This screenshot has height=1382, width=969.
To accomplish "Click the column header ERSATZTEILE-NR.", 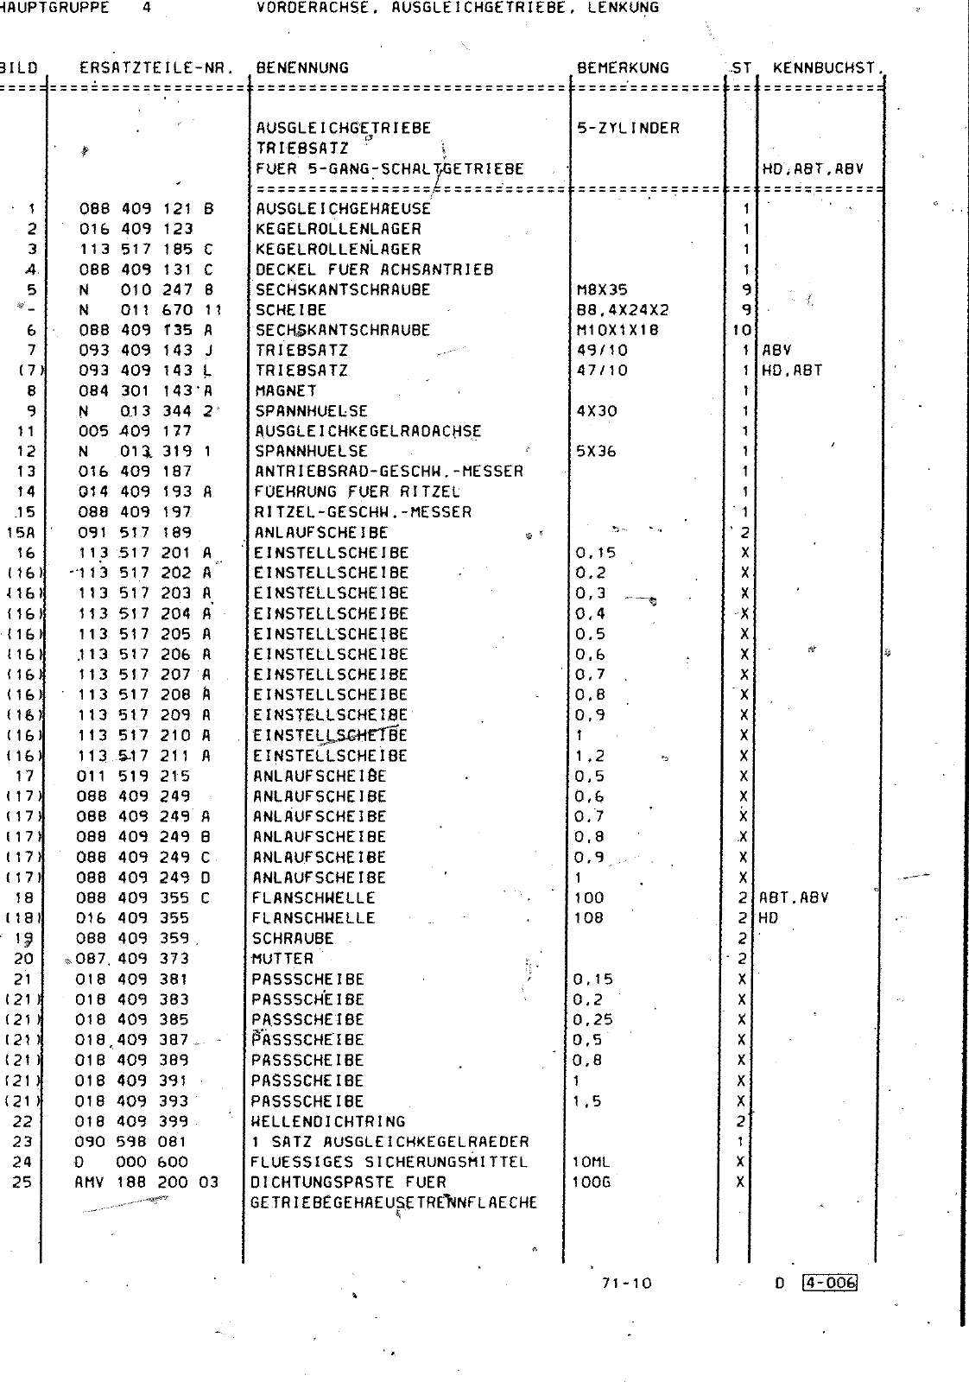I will pos(156,68).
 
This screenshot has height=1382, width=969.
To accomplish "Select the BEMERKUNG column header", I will pos(623,68).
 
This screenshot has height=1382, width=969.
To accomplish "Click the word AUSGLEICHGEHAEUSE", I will pos(343,209).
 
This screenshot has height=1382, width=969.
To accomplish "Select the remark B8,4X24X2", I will pos(623,309).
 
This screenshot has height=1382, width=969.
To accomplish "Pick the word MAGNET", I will pos(286,390).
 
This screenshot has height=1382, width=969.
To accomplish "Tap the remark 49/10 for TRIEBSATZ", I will pos(602,350).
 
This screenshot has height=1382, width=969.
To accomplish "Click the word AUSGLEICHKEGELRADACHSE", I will pos(368,431).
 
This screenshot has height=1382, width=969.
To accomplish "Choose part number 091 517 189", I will pos(135,532).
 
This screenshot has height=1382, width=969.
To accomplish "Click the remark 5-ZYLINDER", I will pos(628,129).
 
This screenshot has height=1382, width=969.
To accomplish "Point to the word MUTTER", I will pos(282,958).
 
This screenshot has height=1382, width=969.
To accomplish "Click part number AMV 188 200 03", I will pos(147,1182).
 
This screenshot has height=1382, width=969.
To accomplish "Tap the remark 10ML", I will pos(591,1162).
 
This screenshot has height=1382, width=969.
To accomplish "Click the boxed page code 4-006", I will pos(828,1283).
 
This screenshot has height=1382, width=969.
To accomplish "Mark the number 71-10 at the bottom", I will pos(627,1283).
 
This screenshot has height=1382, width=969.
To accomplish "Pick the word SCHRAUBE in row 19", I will pos(292,938).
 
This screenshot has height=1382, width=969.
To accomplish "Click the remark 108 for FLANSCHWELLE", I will pos(588,917).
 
